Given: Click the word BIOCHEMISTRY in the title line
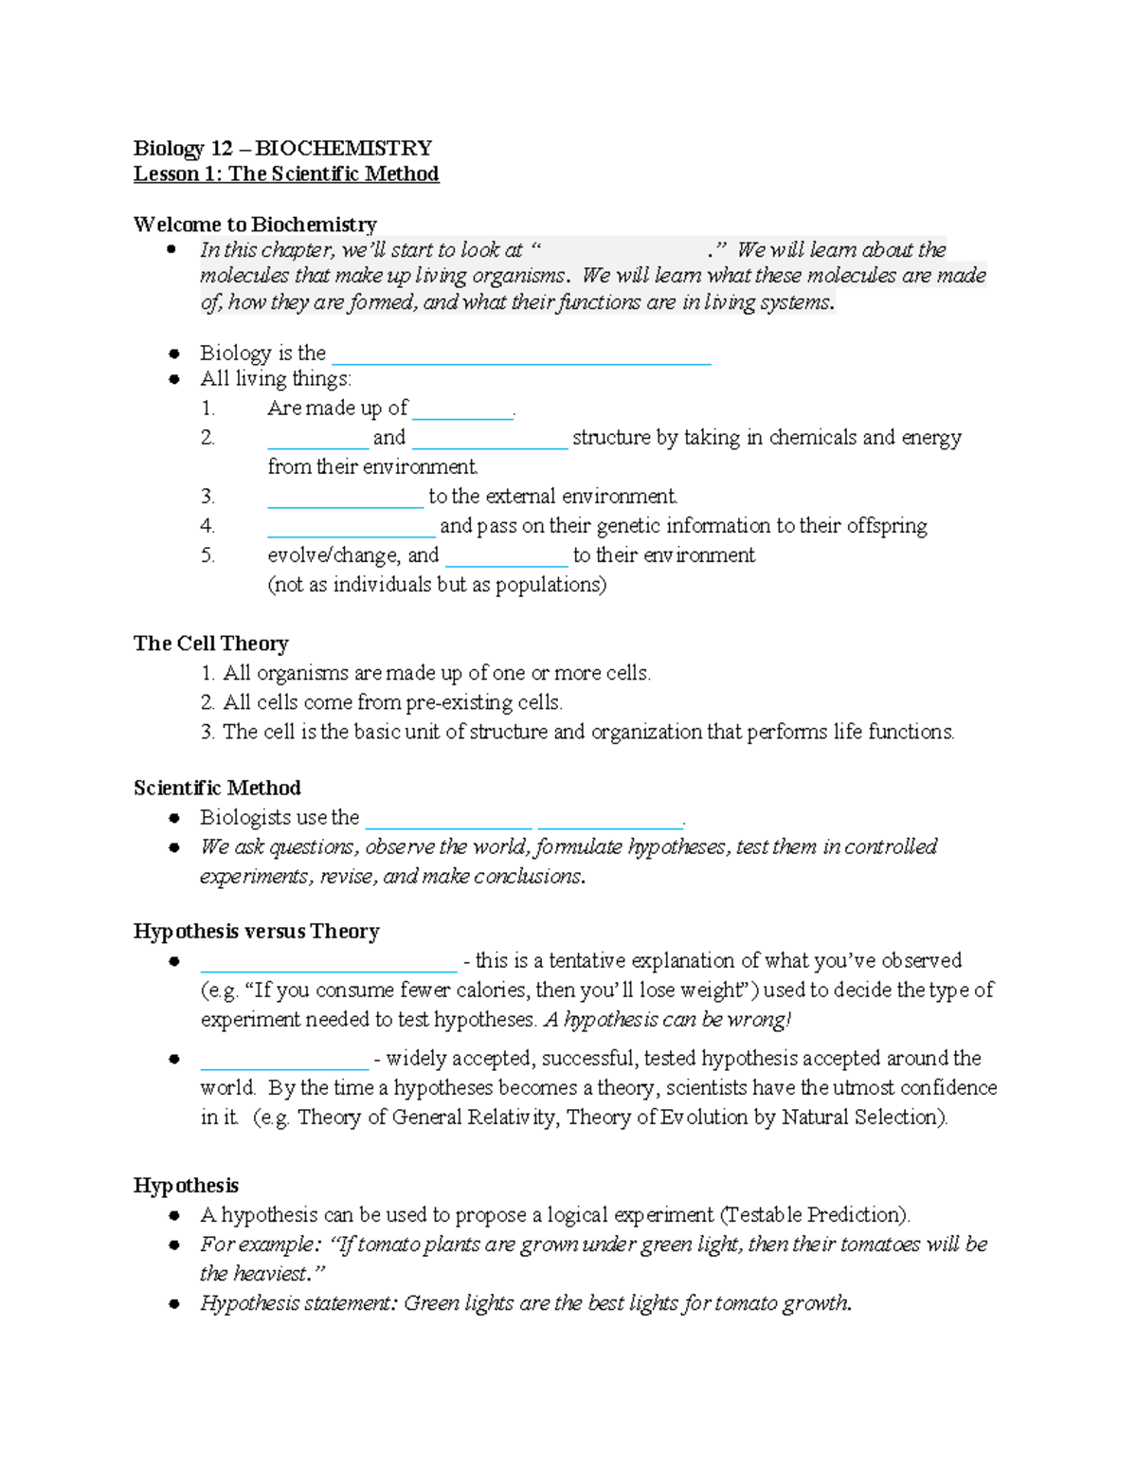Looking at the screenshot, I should pos(343,148).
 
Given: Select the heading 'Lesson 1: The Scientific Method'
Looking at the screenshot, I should pos(285,173).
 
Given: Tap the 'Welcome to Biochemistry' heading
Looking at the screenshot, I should pos(255,225).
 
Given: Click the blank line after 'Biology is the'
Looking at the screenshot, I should pos(521,356).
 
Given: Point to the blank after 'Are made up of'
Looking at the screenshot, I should pos(462,411).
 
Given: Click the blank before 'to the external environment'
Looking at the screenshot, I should pos(345,500).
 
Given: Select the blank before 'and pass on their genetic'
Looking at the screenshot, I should pos(351,529).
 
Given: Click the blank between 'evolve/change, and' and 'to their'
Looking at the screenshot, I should pos(506,558).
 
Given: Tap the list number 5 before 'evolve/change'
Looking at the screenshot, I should pos(208,555).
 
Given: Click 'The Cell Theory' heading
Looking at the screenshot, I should pos(210,644).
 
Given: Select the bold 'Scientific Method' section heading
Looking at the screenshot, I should pos(217,788).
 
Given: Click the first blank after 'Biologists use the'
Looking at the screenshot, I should pos(448,821).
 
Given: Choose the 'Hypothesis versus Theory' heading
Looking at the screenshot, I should pos(256,931).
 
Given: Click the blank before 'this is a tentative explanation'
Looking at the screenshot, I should pos(329,964).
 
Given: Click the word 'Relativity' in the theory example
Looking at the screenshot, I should pos(512,1118).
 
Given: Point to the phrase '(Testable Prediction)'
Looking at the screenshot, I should pos(815,1215).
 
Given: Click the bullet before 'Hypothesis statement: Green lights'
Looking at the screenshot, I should pos(173,1304).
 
